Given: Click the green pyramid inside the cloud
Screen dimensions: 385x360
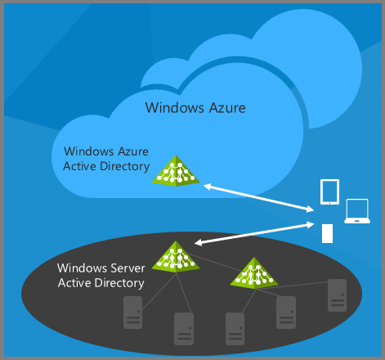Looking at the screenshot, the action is [176, 171].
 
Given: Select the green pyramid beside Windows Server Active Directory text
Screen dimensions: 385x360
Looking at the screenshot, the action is [176, 257].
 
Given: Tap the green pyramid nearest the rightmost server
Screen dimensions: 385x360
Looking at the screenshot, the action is [254, 273].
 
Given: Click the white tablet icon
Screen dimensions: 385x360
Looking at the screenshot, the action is [329, 191].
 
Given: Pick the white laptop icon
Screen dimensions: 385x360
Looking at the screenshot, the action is [357, 211].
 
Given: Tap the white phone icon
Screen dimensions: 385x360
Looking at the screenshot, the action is [327, 233].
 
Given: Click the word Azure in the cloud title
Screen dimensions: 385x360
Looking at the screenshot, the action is [227, 108].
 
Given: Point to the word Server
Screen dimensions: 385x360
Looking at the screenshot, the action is [128, 268].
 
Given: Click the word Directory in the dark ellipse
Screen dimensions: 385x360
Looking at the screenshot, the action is [119, 284].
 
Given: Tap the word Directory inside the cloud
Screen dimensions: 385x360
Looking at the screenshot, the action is [125, 167].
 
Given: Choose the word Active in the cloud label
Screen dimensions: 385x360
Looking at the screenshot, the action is [79, 166].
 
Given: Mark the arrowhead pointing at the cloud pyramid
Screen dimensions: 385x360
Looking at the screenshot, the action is [208, 187].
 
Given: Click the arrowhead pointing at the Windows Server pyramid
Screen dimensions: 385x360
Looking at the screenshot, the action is [199, 242].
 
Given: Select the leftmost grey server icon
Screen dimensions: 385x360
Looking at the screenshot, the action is [133, 313].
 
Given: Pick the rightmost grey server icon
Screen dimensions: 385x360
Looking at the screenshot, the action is [338, 295].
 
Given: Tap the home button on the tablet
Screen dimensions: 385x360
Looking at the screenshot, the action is [329, 203].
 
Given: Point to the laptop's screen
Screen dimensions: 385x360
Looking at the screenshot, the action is [357, 209].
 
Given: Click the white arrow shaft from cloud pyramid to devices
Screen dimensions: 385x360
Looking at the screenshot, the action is [259, 198].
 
